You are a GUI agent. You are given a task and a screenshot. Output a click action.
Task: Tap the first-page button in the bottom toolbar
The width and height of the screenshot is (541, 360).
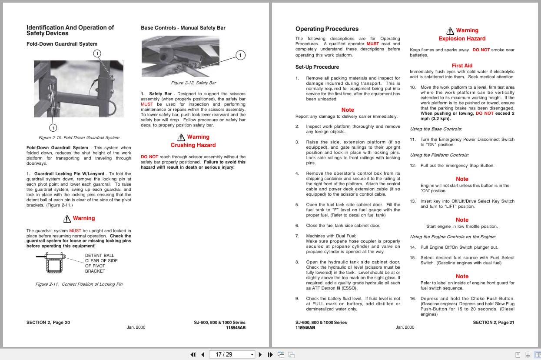pos(193,354)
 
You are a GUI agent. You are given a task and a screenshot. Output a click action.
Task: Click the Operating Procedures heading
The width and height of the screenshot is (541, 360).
pos(327,29)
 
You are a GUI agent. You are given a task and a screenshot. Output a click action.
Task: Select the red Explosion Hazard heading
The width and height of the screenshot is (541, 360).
pos(462,39)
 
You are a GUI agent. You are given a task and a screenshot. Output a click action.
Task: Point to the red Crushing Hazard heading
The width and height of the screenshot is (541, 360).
pos(193,145)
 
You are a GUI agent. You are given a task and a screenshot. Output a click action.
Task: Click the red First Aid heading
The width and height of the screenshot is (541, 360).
pos(462,66)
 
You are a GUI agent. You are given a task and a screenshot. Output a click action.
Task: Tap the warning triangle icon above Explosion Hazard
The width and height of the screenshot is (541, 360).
pos(450,30)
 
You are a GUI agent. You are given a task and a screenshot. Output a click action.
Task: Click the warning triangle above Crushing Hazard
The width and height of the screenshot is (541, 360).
pos(181,137)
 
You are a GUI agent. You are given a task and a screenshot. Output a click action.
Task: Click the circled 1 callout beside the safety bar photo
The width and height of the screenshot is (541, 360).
pos(240,55)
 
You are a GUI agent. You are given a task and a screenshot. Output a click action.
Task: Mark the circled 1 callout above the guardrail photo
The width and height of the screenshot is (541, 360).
pos(97,53)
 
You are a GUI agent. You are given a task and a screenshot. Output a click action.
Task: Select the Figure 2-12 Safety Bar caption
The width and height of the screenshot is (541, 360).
pos(193,83)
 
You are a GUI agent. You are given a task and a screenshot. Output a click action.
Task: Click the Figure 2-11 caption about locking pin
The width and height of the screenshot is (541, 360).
pos(79,284)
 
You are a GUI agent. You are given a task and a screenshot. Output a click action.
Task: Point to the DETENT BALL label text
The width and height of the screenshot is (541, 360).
pos(100,256)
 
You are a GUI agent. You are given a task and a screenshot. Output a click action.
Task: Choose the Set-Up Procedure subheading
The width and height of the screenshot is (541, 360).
pos(317,67)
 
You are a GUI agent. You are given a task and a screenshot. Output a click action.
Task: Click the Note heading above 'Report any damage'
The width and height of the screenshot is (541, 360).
pos(348,110)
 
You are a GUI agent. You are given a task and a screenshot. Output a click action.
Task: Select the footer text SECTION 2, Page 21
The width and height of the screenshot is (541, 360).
pos(493,323)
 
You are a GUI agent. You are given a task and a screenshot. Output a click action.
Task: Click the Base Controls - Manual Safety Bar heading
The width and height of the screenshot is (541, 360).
pos(183,28)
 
